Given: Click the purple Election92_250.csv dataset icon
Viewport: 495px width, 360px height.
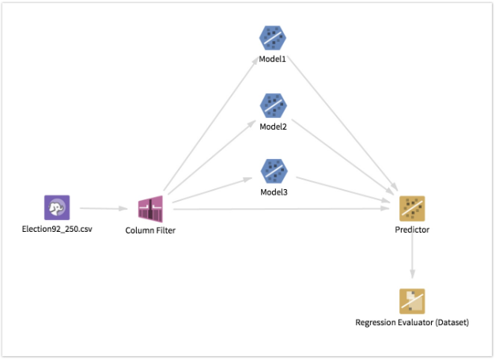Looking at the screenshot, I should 57,208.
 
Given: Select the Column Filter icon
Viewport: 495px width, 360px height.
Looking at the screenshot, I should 150,209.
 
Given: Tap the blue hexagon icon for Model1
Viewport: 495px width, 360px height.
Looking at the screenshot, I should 273,38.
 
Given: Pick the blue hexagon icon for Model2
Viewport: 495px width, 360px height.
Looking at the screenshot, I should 273,104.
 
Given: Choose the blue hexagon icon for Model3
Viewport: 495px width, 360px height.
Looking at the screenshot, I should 273,170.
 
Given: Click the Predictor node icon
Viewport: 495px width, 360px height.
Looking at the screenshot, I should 412,208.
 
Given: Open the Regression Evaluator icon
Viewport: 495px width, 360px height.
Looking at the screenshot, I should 412,301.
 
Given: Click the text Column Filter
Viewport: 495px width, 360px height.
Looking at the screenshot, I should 150,230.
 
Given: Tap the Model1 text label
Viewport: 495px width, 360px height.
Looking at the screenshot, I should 273,59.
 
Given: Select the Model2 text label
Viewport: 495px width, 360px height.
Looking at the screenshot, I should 273,126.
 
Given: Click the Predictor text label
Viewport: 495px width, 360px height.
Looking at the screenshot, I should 412,230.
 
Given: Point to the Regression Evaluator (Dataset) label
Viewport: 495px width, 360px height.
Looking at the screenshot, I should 412,323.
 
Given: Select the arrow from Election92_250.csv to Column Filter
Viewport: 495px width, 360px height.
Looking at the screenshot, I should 103,209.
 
